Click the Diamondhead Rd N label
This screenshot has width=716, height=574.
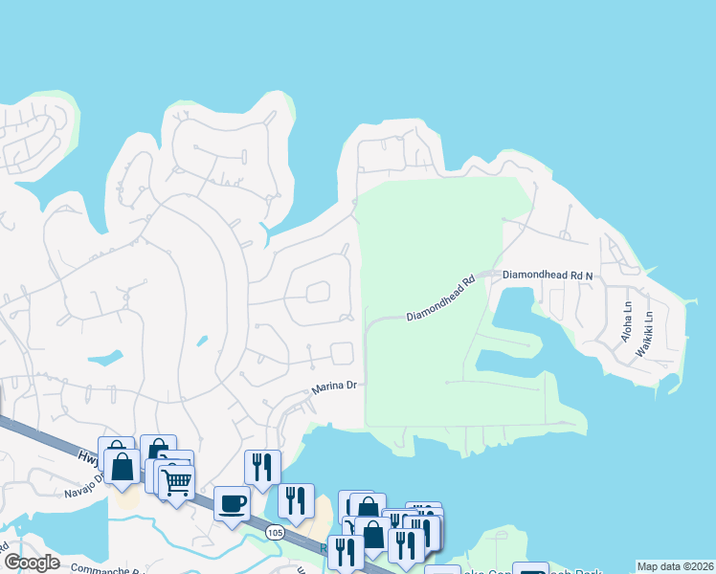point(548,274)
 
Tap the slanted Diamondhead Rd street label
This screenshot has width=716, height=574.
point(440,299)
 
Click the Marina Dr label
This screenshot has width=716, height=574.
point(334,386)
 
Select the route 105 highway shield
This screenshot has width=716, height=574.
point(275,532)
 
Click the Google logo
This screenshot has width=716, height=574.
point(33,563)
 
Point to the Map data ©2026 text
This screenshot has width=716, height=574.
point(674,566)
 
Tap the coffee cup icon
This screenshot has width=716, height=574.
point(232,502)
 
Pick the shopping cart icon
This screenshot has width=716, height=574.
point(176,481)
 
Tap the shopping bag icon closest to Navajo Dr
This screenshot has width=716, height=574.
point(122,468)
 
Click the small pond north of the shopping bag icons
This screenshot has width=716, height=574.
point(109,359)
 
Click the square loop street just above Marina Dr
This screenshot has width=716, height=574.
point(342,353)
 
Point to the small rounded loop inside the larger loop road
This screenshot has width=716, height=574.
point(317,291)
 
